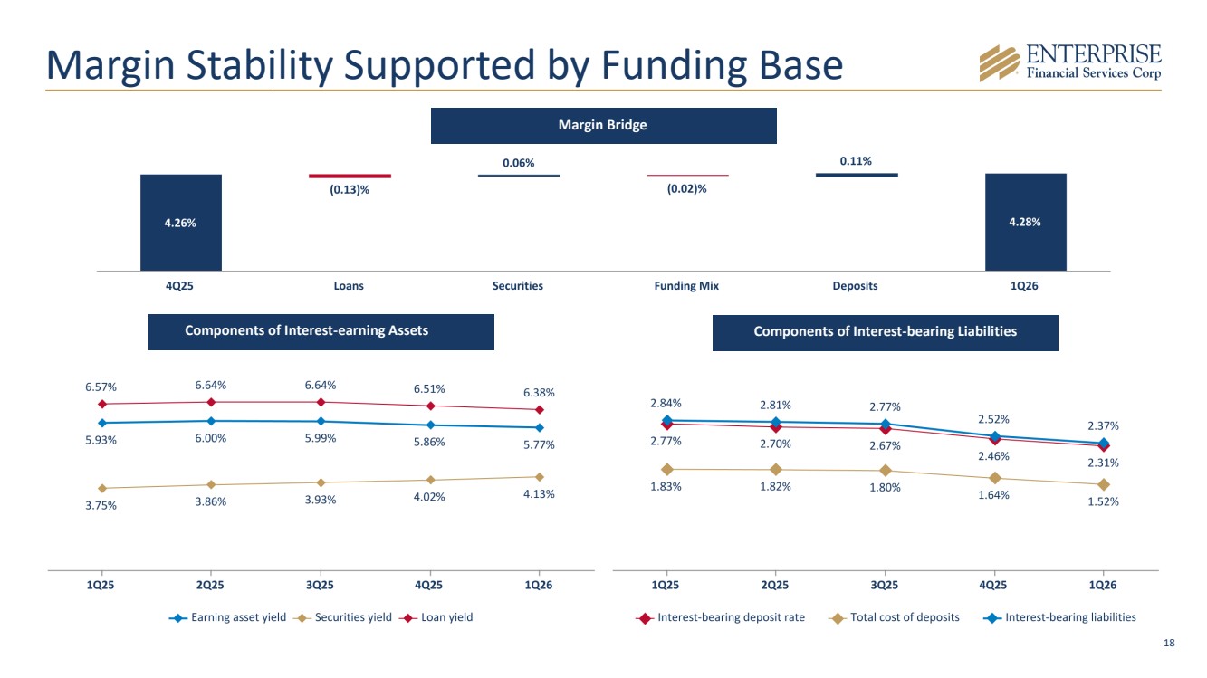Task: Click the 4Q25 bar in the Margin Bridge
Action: [x=181, y=223]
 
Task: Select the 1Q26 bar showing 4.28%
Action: [x=1025, y=222]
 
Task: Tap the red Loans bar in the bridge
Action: [x=350, y=177]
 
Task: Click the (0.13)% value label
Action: [x=350, y=189]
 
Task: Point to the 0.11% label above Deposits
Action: [x=856, y=161]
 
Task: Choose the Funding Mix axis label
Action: [x=686, y=286]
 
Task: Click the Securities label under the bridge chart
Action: [x=518, y=286]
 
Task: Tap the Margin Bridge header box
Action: [x=603, y=126]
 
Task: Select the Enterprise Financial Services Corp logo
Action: [x=1070, y=63]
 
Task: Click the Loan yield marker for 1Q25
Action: [x=102, y=404]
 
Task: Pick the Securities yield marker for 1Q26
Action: [x=540, y=477]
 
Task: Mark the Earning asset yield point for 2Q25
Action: [x=211, y=421]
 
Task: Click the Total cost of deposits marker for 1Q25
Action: [x=667, y=470]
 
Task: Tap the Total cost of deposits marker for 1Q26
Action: [x=1103, y=484]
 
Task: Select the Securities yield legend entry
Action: [x=342, y=617]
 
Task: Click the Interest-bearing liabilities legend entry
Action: [x=1059, y=617]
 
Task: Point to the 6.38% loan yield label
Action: [x=539, y=393]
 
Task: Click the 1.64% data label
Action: [x=993, y=495]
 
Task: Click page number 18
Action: [x=1169, y=643]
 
